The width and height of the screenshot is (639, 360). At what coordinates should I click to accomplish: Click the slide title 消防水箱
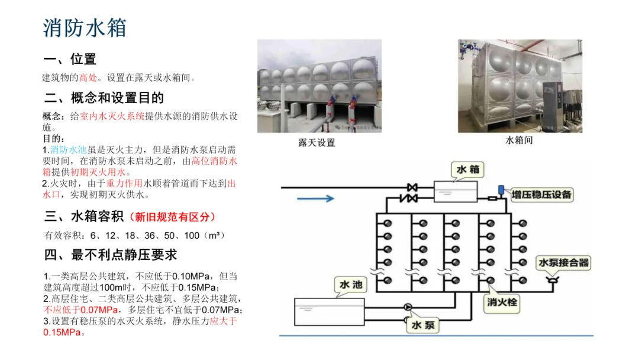[x=85, y=28]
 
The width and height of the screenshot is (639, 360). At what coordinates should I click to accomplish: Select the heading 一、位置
[x=70, y=59]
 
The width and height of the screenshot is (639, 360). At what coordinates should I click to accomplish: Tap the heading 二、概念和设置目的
[x=104, y=98]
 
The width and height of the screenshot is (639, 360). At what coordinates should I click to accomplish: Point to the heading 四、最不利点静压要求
[x=110, y=255]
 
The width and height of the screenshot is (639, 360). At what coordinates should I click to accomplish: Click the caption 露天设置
[x=316, y=143]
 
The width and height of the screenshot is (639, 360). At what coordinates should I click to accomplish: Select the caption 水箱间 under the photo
[x=519, y=140]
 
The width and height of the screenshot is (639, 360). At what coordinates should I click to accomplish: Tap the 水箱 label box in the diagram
[x=467, y=171]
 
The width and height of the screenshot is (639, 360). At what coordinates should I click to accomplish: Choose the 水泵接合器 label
[x=563, y=262]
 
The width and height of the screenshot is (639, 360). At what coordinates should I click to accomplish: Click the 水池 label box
[x=351, y=285]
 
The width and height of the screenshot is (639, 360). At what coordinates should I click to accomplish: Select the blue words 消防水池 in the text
[x=69, y=150]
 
